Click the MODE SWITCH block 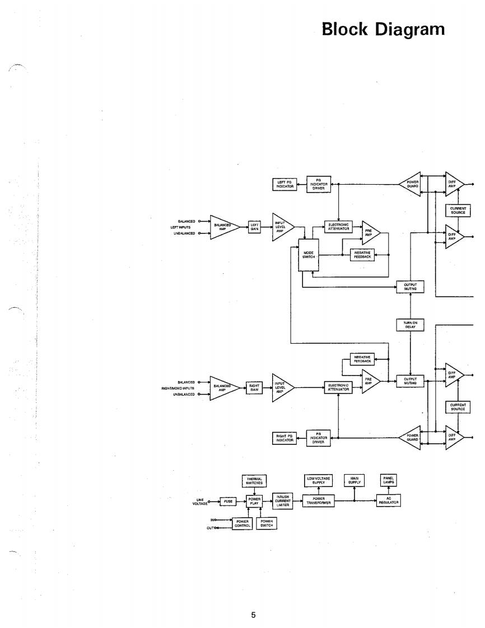click(309, 255)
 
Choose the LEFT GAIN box click(254, 227)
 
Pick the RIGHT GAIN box click(254, 386)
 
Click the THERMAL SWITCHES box click(254, 481)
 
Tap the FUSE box click(228, 502)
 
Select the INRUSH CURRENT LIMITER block click(282, 501)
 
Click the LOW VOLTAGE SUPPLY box click(319, 480)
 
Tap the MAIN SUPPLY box click(354, 480)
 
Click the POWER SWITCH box click(266, 523)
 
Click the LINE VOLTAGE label click(200, 502)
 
